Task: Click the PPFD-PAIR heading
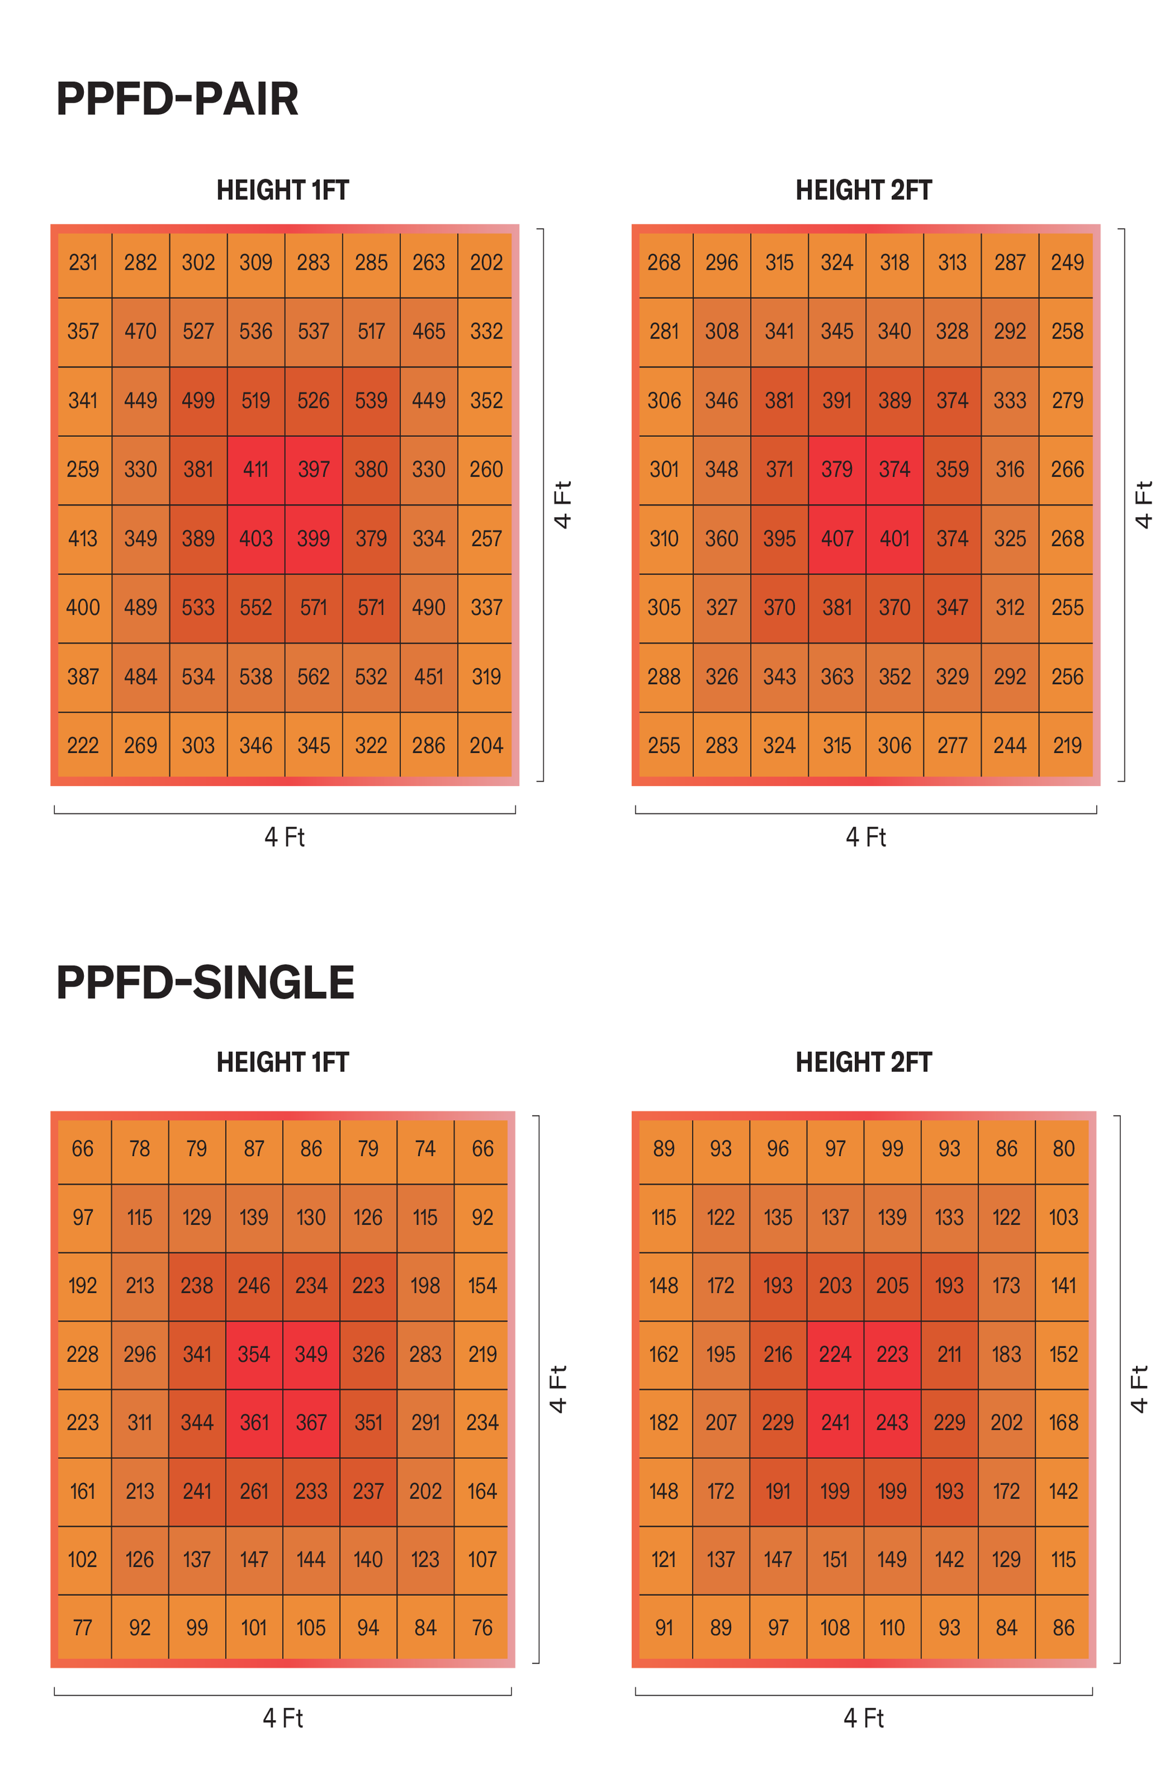click(177, 98)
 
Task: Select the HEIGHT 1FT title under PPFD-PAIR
click(282, 190)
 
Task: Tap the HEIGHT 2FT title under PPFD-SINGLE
click(863, 1062)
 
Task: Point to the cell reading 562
click(314, 677)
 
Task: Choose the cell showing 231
click(83, 262)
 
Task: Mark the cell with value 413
click(83, 539)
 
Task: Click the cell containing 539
click(371, 401)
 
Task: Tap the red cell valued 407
click(837, 539)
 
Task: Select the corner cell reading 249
click(1067, 262)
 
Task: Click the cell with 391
click(837, 401)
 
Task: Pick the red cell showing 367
click(311, 1423)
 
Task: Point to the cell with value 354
click(254, 1355)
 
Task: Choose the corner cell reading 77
click(83, 1628)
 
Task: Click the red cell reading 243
click(892, 1423)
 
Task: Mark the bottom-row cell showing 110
click(892, 1628)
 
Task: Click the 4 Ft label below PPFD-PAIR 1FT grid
click(284, 837)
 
